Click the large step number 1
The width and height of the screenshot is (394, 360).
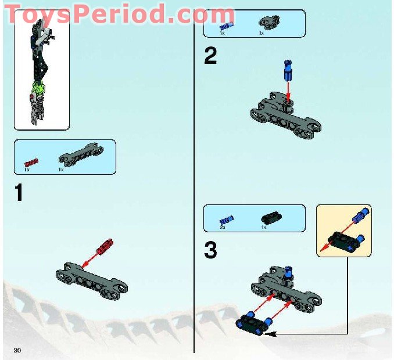pyautogui.click(x=19, y=192)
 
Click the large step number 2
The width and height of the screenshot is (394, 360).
pyautogui.click(x=210, y=56)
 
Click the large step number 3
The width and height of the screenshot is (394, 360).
pyautogui.click(x=210, y=251)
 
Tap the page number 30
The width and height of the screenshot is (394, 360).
pyautogui.click(x=17, y=350)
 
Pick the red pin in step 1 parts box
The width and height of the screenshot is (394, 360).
pyautogui.click(x=31, y=161)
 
